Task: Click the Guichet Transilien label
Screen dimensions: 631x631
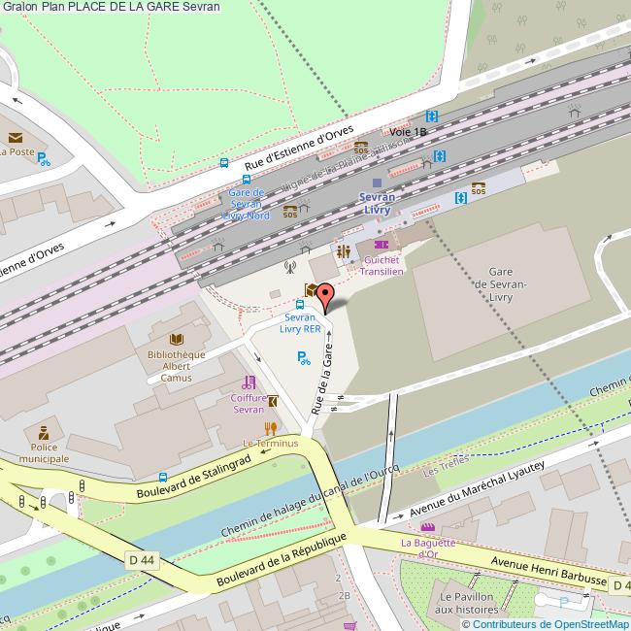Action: pos(382,265)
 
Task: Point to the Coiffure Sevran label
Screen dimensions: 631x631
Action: pos(249,403)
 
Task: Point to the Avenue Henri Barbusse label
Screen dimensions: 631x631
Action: pos(548,572)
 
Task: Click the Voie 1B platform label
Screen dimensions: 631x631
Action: pos(408,131)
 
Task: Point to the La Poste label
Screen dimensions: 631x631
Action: pos(17,152)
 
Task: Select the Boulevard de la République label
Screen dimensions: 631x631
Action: pos(282,558)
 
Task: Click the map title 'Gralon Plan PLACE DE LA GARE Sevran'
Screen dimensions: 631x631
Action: pos(111,7)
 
